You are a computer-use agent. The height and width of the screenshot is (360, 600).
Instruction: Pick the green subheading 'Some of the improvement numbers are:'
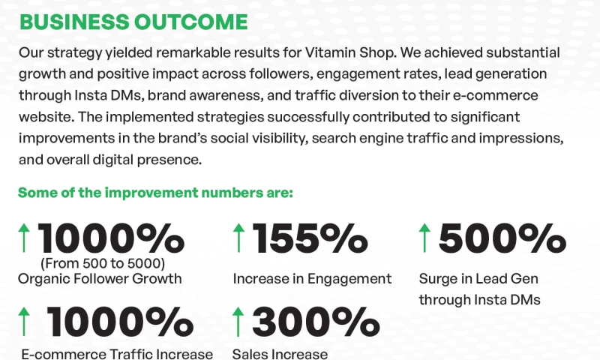[155, 193]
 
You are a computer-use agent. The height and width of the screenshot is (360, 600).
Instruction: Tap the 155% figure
[310, 238]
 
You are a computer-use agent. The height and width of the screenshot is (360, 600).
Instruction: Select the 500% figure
[502, 238]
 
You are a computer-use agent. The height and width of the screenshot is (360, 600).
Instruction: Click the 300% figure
[315, 322]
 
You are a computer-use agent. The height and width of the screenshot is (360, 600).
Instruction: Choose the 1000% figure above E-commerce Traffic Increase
[120, 322]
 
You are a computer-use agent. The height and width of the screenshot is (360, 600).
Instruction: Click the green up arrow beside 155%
[239, 238]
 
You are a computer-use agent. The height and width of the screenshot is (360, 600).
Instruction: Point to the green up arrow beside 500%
[424, 238]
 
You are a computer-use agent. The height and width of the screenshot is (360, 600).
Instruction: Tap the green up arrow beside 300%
[239, 322]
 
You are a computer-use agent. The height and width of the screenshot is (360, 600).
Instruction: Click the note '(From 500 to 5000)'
[103, 263]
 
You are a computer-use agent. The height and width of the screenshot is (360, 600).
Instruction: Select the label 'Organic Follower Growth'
[100, 279]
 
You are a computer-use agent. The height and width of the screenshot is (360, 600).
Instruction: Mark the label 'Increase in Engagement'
[312, 279]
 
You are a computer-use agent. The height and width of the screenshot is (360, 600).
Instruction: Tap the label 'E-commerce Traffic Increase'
[117, 354]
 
